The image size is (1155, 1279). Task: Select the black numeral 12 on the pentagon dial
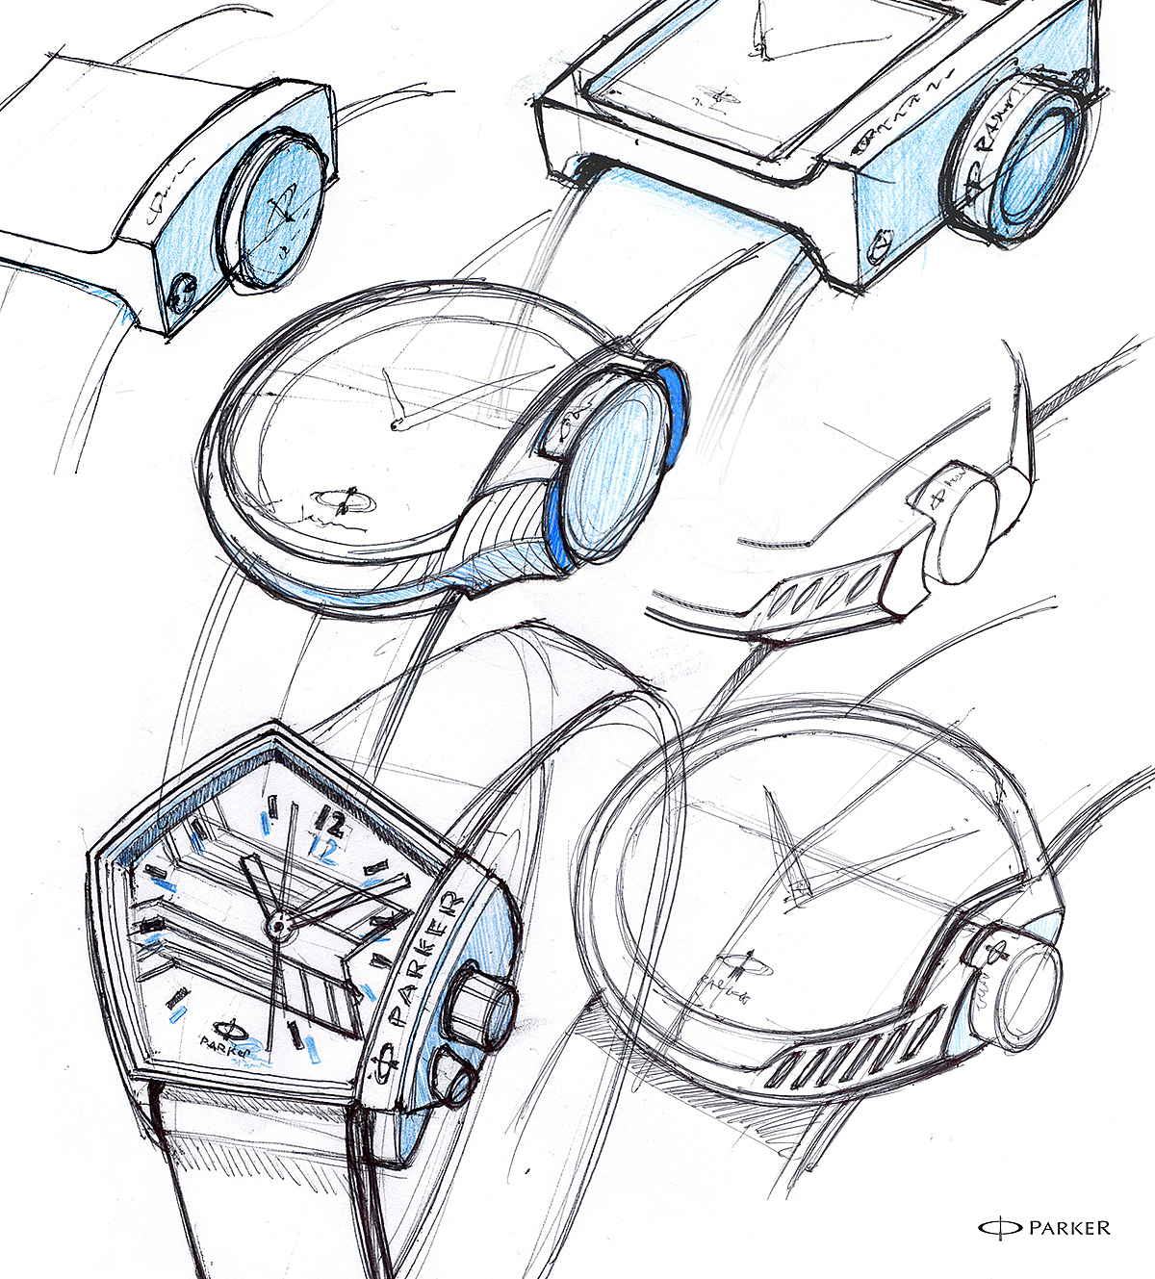(327, 823)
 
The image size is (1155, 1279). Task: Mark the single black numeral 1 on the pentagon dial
(294, 1036)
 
